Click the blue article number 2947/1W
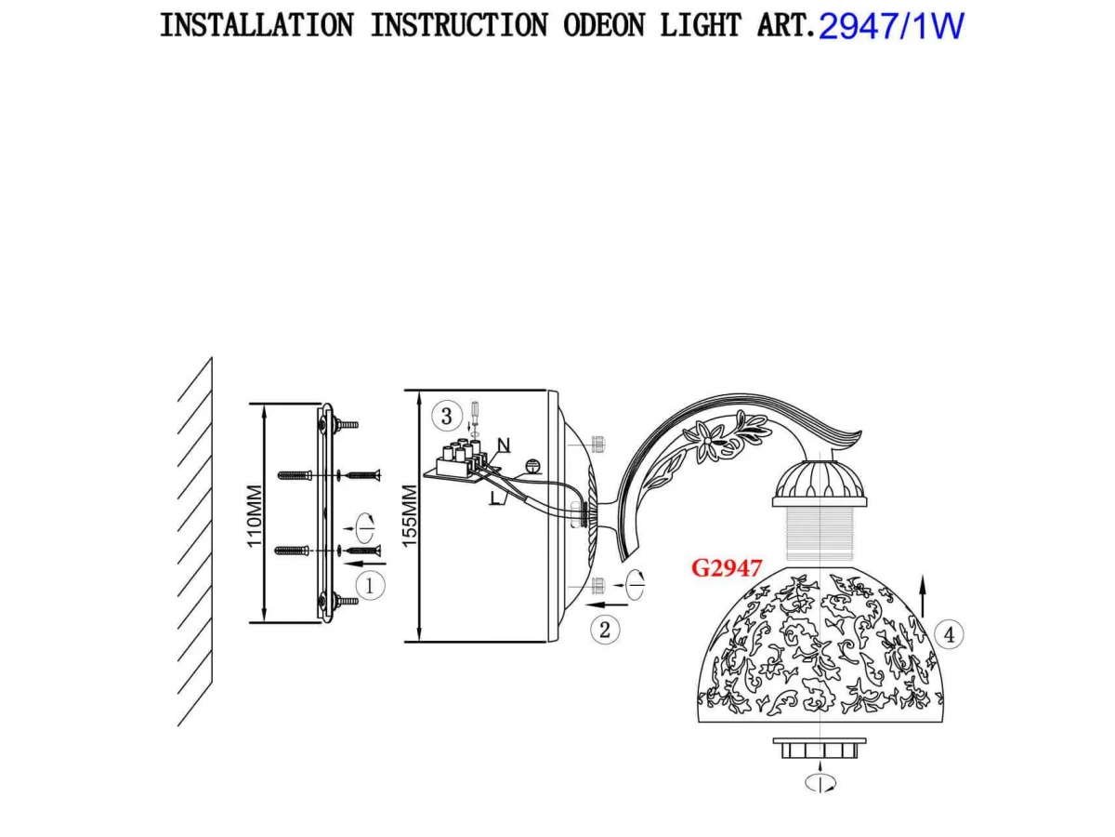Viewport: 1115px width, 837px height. tap(891, 26)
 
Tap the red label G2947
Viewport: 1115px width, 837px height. tap(727, 568)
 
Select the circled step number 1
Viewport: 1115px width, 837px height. tap(370, 586)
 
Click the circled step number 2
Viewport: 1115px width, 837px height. tap(605, 630)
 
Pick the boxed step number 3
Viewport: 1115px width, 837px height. tap(447, 416)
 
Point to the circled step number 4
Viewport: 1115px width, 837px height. tap(948, 634)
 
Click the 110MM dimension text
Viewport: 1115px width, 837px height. tap(256, 514)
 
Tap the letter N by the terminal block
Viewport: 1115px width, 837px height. tap(504, 444)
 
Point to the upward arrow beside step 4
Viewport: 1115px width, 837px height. tap(923, 596)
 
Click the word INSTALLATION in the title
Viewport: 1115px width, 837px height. tap(256, 25)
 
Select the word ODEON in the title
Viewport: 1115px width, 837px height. tap(603, 25)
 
